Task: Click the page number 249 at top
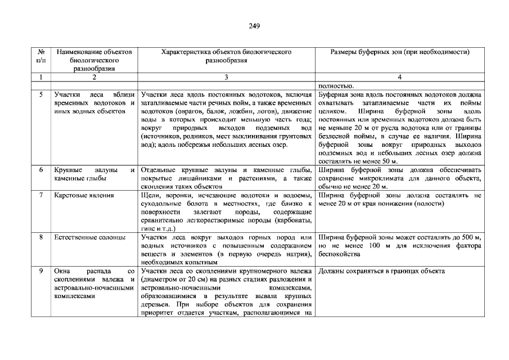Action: [x=254, y=26]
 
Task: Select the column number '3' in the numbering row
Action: [x=226, y=77]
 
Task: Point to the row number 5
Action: [x=41, y=94]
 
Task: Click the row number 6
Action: [x=41, y=169]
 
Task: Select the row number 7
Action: [x=41, y=195]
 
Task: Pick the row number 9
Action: [x=41, y=271]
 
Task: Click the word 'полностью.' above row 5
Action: [x=336, y=85]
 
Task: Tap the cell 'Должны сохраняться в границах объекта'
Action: [x=381, y=271]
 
